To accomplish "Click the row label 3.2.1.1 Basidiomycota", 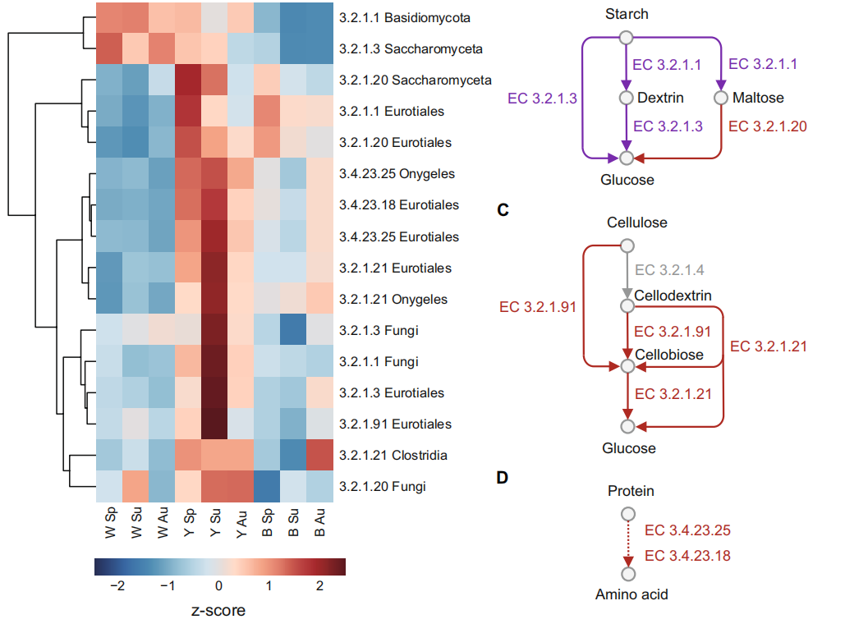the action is pyautogui.click(x=404, y=18).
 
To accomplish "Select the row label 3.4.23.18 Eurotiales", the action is pyautogui.click(x=399, y=204).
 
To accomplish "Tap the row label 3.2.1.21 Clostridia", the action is pyautogui.click(x=393, y=455).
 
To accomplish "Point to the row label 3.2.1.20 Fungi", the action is pyautogui.click(x=382, y=487).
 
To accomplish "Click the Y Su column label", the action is pyautogui.click(x=215, y=522).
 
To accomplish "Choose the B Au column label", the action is pyautogui.click(x=319, y=522).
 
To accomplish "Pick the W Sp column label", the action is pyautogui.click(x=110, y=522).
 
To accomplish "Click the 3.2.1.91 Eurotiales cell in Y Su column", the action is pyautogui.click(x=214, y=424).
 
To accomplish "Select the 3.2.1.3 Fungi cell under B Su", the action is pyautogui.click(x=293, y=330).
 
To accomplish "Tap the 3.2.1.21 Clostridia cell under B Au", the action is pyautogui.click(x=319, y=455).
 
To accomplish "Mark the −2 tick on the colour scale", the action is pyautogui.click(x=117, y=585).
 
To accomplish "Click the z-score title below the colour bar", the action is pyautogui.click(x=218, y=610).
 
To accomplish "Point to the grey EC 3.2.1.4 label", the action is pyautogui.click(x=669, y=270).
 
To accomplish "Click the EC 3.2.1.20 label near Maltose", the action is pyautogui.click(x=767, y=126).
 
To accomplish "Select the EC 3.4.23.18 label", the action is pyautogui.click(x=687, y=556).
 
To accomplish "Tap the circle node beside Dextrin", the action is pyautogui.click(x=626, y=98).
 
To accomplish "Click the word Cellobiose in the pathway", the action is pyautogui.click(x=669, y=355).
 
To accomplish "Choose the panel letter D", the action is pyautogui.click(x=503, y=477).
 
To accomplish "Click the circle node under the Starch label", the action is pyautogui.click(x=626, y=37).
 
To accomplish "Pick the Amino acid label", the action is pyautogui.click(x=631, y=594).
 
